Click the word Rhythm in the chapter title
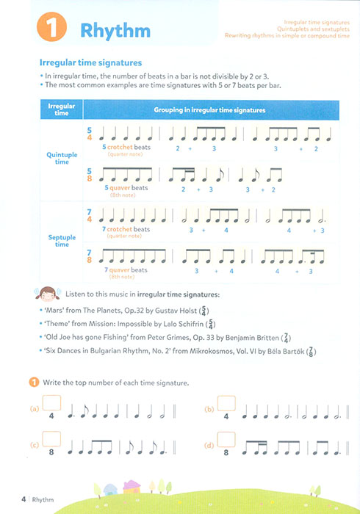click(x=115, y=32)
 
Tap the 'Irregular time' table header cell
click(x=61, y=109)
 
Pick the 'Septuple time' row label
click(x=61, y=240)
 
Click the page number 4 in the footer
click(x=24, y=499)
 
